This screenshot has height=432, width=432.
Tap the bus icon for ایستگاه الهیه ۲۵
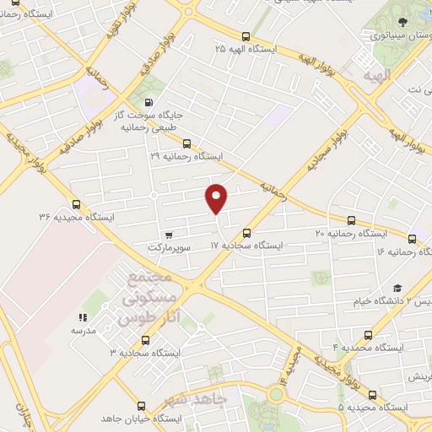pos(246,36)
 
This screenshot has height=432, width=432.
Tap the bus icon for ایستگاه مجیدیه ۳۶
pos(77,203)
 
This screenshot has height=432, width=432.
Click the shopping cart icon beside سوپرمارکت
pos(170,235)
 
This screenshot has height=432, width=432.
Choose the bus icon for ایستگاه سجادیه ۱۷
pos(246,233)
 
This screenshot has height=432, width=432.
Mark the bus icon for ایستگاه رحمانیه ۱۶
pos(412,239)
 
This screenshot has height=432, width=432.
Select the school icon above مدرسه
pos(83,318)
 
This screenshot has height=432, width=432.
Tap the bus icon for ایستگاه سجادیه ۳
pos(146,340)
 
